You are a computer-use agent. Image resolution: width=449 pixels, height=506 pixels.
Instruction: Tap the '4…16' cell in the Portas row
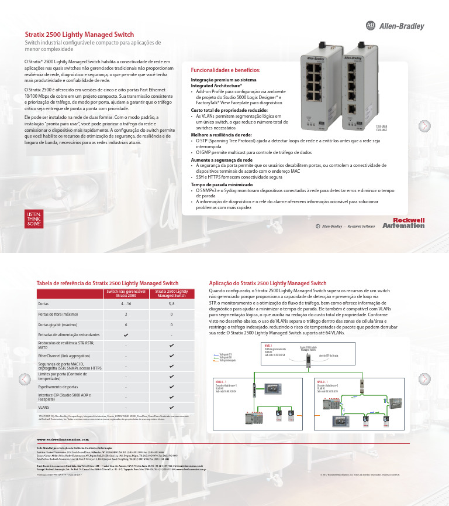[x=126, y=304]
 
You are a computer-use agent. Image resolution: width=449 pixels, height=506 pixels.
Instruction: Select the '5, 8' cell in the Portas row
[x=171, y=304]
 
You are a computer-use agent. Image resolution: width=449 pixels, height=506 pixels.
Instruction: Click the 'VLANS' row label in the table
[x=44, y=406]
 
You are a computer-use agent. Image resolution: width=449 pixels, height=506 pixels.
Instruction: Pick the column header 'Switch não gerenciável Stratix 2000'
[x=126, y=293]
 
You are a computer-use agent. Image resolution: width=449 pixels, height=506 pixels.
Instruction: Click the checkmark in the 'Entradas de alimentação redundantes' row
[x=126, y=334]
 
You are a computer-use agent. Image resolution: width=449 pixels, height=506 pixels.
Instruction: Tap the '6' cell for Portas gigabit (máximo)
[x=126, y=324]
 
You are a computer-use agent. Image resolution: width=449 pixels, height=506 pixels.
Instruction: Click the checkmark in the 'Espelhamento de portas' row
[x=171, y=387]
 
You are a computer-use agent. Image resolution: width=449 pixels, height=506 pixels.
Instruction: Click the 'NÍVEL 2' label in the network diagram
[x=269, y=346]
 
